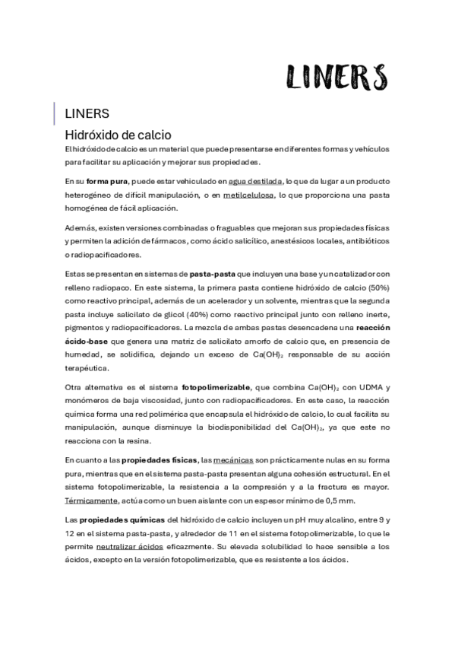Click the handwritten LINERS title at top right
tap(337, 76)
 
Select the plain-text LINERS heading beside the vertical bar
tap(88, 114)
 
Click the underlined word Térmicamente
tap(91, 500)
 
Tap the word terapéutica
tap(86, 366)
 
